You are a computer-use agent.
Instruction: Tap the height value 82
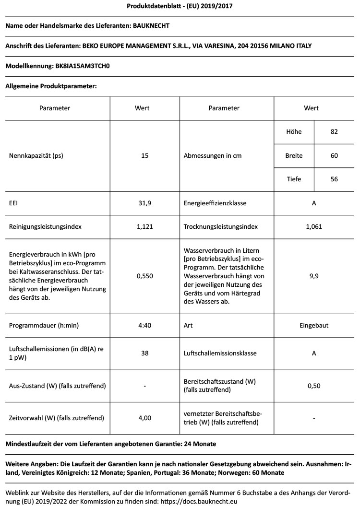[x=334, y=132]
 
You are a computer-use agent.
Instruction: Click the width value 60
[x=334, y=156]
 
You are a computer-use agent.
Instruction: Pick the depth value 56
[x=334, y=179]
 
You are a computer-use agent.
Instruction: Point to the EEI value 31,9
[x=144, y=203]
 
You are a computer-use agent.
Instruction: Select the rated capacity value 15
[x=144, y=156]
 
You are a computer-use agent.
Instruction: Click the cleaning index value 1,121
[x=144, y=226]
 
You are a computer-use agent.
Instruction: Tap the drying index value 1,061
[x=314, y=226]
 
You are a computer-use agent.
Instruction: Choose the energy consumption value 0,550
[x=144, y=276]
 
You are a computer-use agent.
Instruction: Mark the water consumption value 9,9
[x=314, y=276]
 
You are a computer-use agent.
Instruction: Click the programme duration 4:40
[x=144, y=325]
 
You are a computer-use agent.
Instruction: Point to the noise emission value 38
[x=144, y=353]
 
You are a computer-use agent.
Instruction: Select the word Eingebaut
[x=314, y=325]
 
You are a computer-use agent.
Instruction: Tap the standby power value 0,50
[x=314, y=386]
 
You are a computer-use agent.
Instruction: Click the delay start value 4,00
[x=144, y=418]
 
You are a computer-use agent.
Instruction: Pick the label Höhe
[x=294, y=132]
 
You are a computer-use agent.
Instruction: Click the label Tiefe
[x=294, y=179]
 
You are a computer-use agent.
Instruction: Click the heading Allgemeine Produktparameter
[x=51, y=86]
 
